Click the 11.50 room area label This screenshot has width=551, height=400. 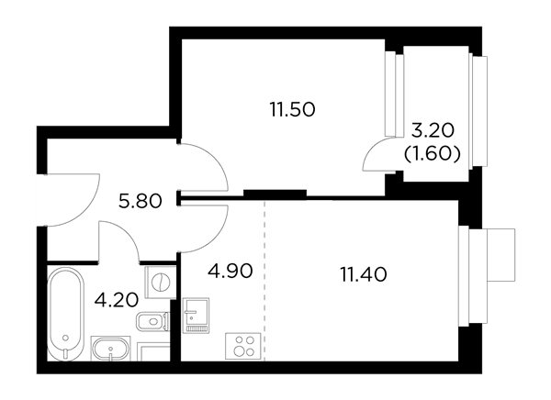[x=292, y=109]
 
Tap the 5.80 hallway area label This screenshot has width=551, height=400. [x=141, y=201]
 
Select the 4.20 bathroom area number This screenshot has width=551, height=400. [x=117, y=300]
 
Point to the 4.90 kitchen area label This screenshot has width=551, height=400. [x=231, y=271]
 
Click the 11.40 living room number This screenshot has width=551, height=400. [x=364, y=274]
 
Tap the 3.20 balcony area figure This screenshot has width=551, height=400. [x=433, y=130]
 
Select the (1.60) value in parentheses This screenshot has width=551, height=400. [x=433, y=154]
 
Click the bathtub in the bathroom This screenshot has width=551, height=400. [x=66, y=314]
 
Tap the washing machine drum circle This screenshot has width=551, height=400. [x=161, y=282]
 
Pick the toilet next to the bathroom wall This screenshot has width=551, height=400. [x=152, y=321]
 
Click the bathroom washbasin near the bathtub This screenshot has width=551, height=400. [x=111, y=349]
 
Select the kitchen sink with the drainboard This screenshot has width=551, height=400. [x=197, y=315]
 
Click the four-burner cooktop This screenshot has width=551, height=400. [x=242, y=346]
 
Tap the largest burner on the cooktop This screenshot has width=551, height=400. [x=240, y=350]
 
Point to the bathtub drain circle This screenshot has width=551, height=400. [x=65, y=338]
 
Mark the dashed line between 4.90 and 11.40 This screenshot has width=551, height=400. [x=264, y=280]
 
